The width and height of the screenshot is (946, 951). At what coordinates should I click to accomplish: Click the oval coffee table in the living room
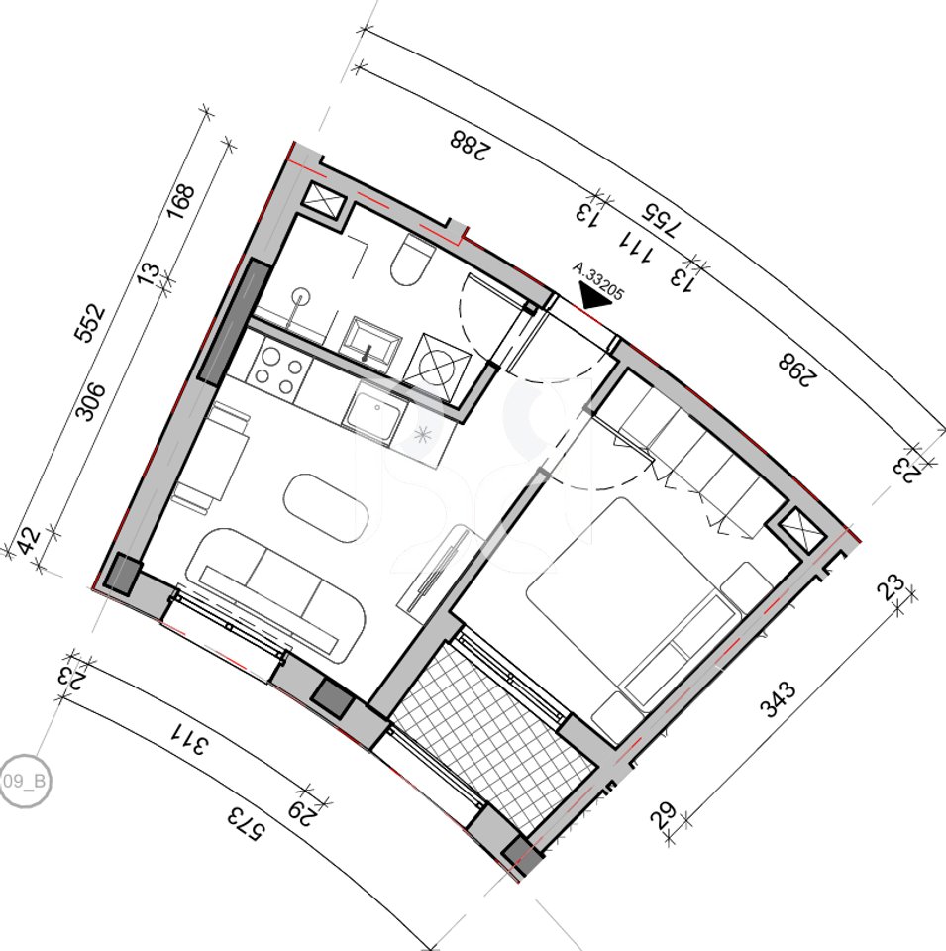coord(327,508)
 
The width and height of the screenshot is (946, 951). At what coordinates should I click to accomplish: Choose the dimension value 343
coord(778,693)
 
